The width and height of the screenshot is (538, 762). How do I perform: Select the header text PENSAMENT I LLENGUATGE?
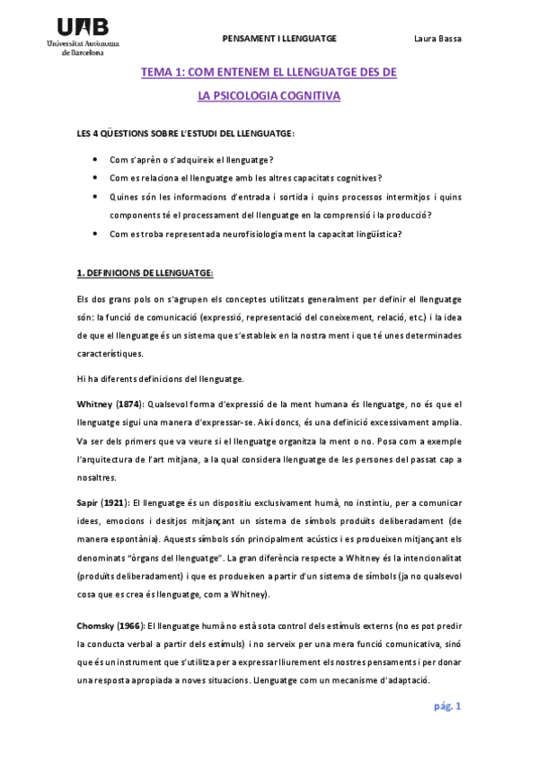[278, 39]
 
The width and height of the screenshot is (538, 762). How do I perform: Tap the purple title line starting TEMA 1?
[269, 72]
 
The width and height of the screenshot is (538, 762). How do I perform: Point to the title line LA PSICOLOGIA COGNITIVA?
[269, 94]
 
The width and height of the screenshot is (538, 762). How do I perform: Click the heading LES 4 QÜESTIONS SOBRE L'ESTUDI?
[185, 134]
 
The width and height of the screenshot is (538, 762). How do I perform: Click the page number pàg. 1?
[446, 706]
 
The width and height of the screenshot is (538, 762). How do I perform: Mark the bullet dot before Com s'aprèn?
[95, 158]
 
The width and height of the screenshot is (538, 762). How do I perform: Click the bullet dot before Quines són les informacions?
[95, 196]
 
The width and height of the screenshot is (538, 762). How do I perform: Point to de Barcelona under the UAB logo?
[82, 53]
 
